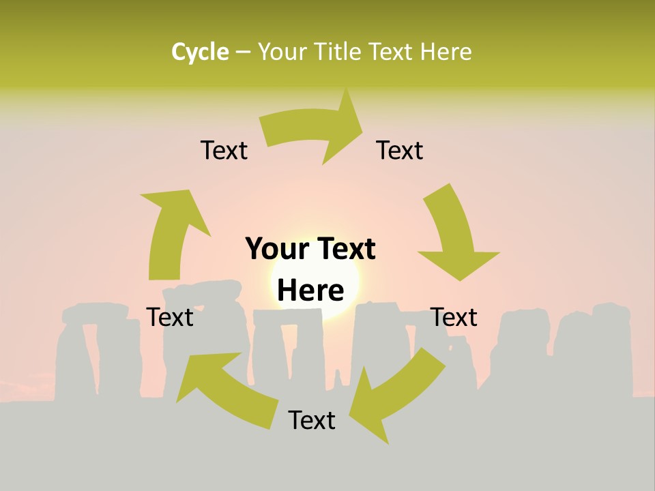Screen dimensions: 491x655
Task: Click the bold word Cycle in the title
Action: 200,52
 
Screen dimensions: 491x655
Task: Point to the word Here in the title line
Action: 446,52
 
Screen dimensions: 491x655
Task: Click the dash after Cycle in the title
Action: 243,53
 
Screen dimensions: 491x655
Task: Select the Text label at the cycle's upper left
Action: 224,151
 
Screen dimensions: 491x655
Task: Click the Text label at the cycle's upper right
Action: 400,151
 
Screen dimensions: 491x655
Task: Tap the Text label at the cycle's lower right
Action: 454,317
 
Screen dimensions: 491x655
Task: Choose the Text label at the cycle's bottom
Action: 312,420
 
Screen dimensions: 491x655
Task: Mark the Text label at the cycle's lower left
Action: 170,317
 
